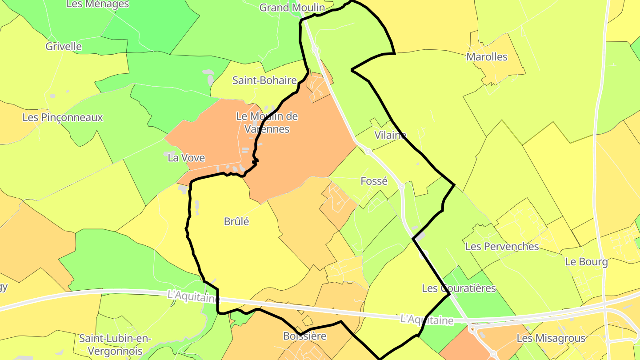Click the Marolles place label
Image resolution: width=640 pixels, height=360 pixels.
(487, 57)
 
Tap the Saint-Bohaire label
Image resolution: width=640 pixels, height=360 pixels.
(264, 80)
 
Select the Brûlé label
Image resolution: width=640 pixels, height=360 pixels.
(236, 221)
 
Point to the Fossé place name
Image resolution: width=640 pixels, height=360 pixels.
(374, 181)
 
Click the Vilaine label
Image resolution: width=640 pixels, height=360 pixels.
(390, 135)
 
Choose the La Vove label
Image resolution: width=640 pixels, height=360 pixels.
(186, 158)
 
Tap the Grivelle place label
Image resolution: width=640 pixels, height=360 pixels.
(64, 46)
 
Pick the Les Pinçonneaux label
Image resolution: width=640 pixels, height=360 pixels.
(63, 117)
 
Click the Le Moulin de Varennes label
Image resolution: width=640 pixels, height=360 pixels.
(267, 123)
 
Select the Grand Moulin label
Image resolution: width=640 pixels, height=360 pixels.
(292, 8)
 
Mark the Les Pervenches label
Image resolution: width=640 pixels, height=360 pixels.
(502, 246)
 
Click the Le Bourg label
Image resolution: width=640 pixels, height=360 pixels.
(586, 262)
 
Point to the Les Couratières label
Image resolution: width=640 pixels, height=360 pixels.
(459, 288)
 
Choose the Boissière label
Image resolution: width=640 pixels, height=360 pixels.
(305, 336)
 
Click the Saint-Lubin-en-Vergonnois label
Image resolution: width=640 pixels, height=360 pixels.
(115, 344)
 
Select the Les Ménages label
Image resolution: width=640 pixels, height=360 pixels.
(97, 4)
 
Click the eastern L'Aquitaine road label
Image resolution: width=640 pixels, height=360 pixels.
(427, 320)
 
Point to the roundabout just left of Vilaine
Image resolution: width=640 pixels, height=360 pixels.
(368, 152)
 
